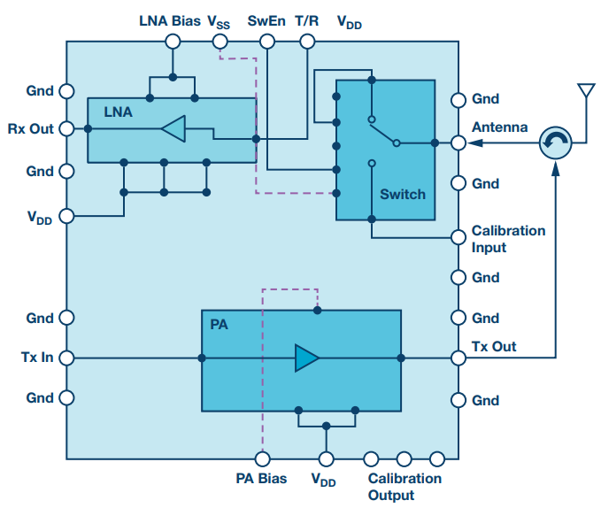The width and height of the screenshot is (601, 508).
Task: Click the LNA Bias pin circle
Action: pyautogui.click(x=173, y=42)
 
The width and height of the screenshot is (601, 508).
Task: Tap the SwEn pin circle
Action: pyautogui.click(x=267, y=42)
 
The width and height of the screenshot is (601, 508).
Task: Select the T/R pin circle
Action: pyautogui.click(x=307, y=42)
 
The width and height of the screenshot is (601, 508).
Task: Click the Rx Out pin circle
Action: pyautogui.click(x=66, y=128)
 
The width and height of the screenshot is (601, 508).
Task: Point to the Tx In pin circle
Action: pyautogui.click(x=66, y=358)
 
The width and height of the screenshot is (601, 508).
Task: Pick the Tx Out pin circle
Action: pyautogui.click(x=458, y=358)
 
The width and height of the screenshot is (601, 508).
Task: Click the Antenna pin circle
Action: pyautogui.click(x=458, y=143)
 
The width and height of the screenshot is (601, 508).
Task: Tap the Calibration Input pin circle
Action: pyautogui.click(x=458, y=237)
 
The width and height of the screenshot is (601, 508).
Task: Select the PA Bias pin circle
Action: pyautogui.click(x=263, y=458)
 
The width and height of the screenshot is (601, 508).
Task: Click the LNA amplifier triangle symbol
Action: pyautogui.click(x=174, y=128)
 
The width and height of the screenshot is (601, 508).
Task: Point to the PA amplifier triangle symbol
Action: pyautogui.click(x=306, y=358)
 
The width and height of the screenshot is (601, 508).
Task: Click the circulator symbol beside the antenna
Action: pyautogui.click(x=555, y=142)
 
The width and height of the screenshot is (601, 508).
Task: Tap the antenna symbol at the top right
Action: pyautogui.click(x=587, y=90)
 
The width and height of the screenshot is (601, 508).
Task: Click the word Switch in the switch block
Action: pyautogui.click(x=403, y=194)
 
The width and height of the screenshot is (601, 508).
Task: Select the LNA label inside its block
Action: pyautogui.click(x=118, y=112)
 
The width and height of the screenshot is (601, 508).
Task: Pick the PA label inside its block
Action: pyautogui.click(x=219, y=325)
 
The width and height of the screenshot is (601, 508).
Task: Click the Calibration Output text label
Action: pyautogui.click(x=405, y=487)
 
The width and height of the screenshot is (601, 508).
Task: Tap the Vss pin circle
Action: pyautogui.click(x=220, y=42)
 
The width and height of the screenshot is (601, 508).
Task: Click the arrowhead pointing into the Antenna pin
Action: pyautogui.click(x=474, y=142)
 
